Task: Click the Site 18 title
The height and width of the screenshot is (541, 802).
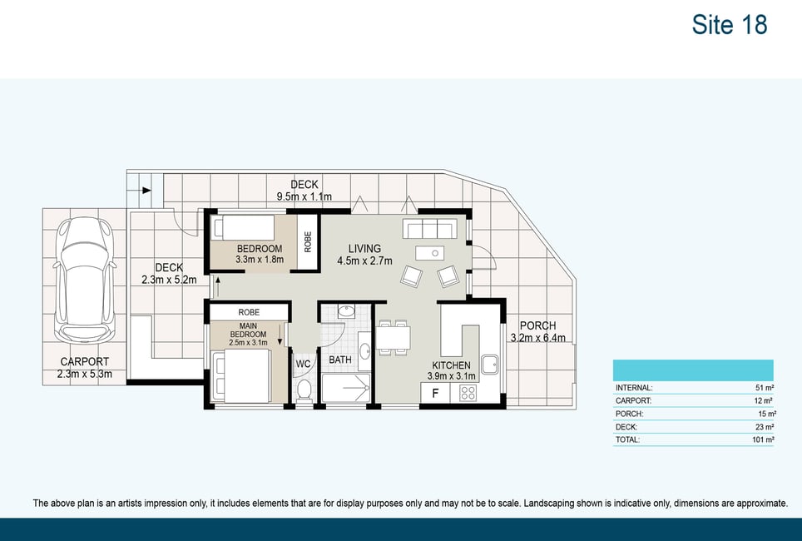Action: click(x=730, y=25)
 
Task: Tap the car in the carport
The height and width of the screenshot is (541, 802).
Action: click(x=84, y=281)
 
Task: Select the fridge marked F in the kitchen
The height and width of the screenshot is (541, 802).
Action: click(x=435, y=393)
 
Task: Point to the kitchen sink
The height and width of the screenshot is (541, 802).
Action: click(x=489, y=365)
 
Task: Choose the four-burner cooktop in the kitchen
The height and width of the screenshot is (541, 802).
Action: click(x=468, y=393)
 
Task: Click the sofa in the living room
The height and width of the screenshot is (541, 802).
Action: click(x=429, y=228)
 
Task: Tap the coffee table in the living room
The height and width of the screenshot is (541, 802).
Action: click(x=429, y=253)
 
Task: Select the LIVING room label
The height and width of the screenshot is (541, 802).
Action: click(x=364, y=249)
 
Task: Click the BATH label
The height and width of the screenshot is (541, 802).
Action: click(x=340, y=360)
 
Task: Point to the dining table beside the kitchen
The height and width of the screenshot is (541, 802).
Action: click(x=393, y=337)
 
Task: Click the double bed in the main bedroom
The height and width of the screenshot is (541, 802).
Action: click(x=242, y=376)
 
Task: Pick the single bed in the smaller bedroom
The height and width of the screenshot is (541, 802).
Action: click(x=244, y=227)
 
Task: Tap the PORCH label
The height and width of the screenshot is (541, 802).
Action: click(x=537, y=325)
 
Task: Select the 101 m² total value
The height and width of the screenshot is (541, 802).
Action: click(x=763, y=439)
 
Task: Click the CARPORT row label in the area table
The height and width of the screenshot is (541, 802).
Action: click(x=633, y=401)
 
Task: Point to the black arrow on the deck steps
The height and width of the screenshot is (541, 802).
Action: click(x=146, y=191)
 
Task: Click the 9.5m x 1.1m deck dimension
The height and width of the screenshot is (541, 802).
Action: click(x=304, y=196)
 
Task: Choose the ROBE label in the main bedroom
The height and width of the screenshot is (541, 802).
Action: click(x=249, y=312)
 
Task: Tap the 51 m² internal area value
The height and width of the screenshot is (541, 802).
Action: click(x=765, y=388)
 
